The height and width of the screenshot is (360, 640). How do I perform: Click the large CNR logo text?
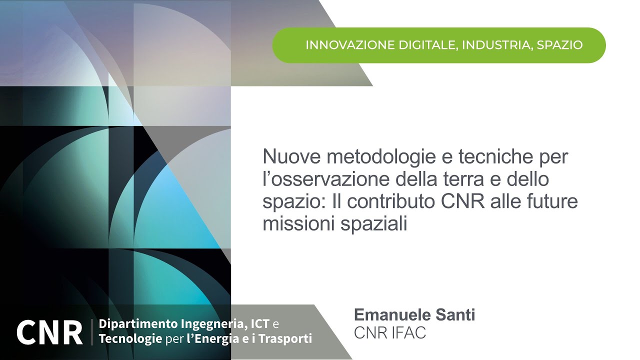tap(49, 331)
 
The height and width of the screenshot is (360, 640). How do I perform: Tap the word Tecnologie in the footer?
tap(130, 339)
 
